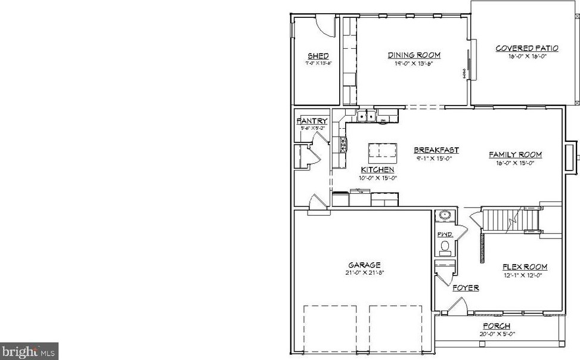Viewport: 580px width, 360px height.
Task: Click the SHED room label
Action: point(318,56)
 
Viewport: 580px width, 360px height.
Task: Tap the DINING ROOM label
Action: point(414,55)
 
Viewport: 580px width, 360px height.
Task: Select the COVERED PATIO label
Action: point(527,48)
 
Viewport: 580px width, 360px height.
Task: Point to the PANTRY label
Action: point(312,121)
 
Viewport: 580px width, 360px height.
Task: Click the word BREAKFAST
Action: point(436,150)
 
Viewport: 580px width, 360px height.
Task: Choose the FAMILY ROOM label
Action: point(515,154)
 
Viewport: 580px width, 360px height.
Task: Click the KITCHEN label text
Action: point(377,170)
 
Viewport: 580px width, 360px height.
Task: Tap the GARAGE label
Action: point(364,265)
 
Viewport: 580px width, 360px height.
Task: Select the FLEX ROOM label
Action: point(525,267)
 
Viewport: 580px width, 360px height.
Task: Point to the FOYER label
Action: point(465,288)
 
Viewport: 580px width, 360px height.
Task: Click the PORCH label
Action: point(496,326)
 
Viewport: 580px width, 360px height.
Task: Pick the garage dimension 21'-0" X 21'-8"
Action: point(364,272)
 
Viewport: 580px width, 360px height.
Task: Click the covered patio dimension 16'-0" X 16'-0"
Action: point(527,57)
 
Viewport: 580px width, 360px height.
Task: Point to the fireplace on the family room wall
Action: point(570,156)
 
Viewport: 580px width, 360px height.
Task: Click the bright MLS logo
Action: point(29,351)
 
